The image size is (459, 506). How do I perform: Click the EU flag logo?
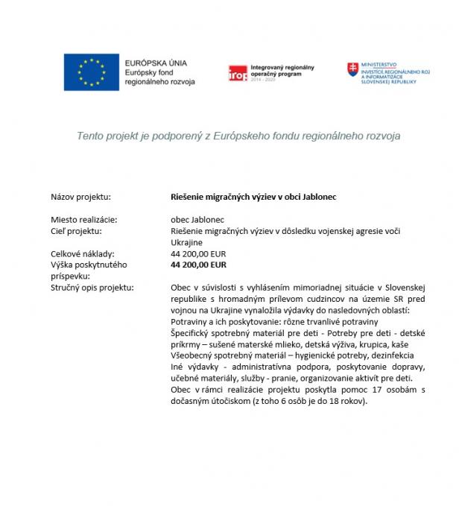(x=90, y=72)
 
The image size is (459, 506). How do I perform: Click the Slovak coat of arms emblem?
(x=352, y=70)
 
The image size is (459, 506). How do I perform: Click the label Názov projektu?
(x=80, y=197)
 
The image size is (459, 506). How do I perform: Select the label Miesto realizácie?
(x=84, y=220)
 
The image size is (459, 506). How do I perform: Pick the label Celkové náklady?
(x=82, y=253)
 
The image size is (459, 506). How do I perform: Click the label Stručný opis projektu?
(x=92, y=287)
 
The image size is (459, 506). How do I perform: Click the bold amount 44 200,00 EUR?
(x=198, y=264)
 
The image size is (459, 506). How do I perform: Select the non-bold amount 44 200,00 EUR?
(x=198, y=253)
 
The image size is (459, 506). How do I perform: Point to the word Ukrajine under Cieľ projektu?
(x=187, y=242)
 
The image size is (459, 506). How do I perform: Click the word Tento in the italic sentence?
(x=89, y=136)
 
